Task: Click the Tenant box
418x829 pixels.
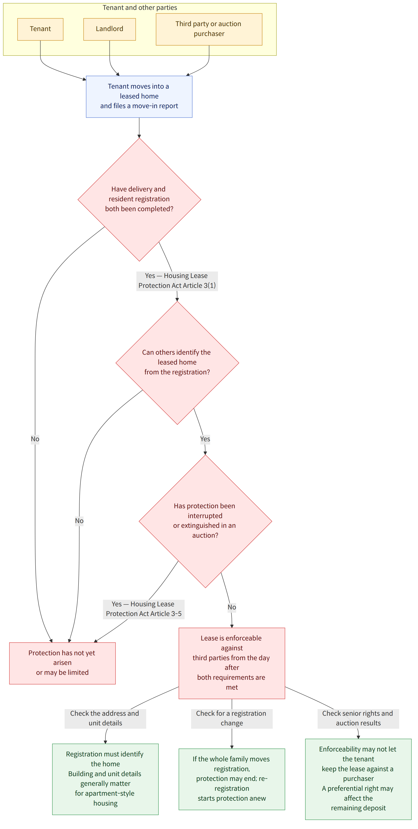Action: coord(40,29)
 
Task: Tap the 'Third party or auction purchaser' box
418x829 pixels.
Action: coord(209,29)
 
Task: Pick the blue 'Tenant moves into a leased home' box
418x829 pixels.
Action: coord(139,97)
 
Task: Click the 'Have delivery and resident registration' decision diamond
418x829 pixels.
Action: coord(139,199)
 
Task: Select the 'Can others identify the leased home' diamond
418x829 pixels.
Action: coord(177,363)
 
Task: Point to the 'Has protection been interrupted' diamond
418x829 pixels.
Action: coord(205,521)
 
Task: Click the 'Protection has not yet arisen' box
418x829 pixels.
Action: coord(62,663)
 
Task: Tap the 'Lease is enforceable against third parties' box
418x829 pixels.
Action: coord(232,663)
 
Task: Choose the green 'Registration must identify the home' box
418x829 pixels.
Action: coord(105,779)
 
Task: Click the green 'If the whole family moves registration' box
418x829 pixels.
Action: coord(232,779)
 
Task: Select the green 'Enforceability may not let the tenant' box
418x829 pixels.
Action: coord(358,779)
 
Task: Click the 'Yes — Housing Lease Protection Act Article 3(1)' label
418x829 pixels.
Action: coord(177,281)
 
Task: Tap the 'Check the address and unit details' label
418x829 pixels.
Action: coord(105,719)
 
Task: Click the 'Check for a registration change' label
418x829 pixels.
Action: coord(232,719)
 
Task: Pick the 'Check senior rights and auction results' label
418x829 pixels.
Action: coord(358,719)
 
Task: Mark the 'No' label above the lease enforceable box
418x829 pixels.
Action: coord(232,607)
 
